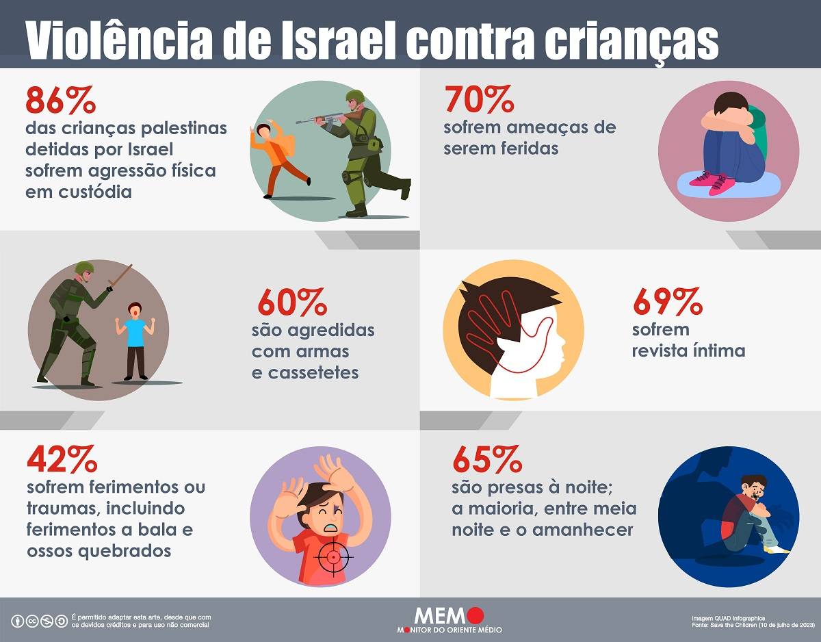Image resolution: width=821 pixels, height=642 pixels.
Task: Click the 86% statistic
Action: [x=60, y=101]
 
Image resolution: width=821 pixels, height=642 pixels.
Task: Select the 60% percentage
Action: [x=292, y=302]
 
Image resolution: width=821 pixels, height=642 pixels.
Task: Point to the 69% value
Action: [x=667, y=300]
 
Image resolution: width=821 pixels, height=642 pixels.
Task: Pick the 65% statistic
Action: [x=486, y=460]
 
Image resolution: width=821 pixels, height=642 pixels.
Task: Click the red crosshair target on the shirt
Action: [x=333, y=556]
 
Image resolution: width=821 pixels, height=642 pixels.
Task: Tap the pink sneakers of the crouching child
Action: [x=712, y=181]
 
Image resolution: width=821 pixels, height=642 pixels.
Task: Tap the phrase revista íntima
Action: [x=688, y=350]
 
